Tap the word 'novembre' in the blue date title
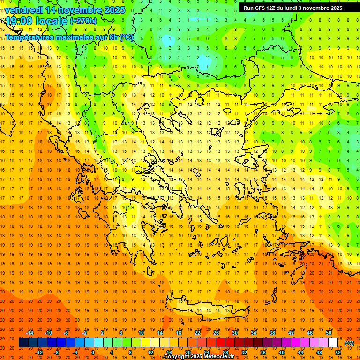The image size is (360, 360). click(x=81, y=9)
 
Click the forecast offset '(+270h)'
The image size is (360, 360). click(x=83, y=21)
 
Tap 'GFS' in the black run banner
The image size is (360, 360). click(x=263, y=8)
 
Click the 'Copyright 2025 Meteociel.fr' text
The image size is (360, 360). click(x=199, y=357)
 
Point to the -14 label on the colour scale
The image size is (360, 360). click(x=30, y=333)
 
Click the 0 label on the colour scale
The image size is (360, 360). click(x=93, y=352)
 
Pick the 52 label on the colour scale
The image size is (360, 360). click(x=338, y=352)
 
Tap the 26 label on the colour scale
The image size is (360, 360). click(x=216, y=333)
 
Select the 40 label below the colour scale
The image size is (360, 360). click(x=281, y=352)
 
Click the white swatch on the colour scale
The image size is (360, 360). click(x=333, y=342)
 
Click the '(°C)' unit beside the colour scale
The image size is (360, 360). click(x=349, y=343)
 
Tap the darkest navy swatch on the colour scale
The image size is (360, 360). click(x=24, y=342)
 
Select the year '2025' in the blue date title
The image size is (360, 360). click(x=114, y=9)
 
